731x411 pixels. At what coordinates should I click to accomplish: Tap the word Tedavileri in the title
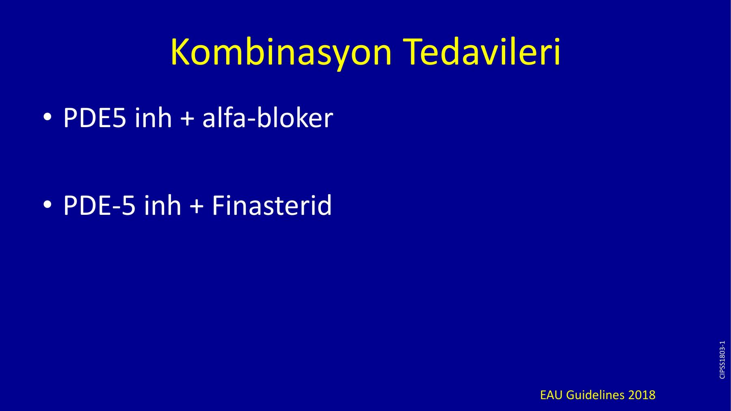coord(482,52)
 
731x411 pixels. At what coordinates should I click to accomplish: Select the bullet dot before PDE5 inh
coord(48,117)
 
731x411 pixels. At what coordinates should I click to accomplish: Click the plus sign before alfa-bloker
coord(187,119)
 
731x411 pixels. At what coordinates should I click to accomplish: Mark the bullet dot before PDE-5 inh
coord(48,204)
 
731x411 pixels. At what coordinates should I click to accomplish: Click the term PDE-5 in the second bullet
coord(99,205)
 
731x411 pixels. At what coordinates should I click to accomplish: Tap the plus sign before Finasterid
coord(197,206)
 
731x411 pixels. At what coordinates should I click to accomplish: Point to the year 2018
coord(642,395)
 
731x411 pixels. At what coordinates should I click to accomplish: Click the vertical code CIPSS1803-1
coord(722,360)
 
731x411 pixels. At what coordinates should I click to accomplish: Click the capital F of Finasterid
coord(218,205)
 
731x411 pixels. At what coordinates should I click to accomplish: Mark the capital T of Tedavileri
coord(414,52)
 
